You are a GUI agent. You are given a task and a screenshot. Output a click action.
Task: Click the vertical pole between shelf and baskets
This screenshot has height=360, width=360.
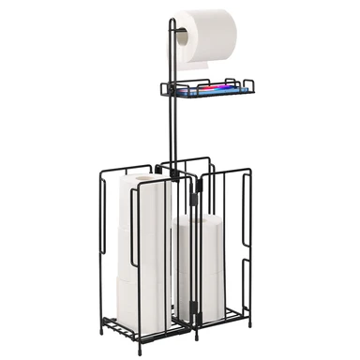[x=172, y=131]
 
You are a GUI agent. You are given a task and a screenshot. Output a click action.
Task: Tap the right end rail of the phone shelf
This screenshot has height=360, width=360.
[x=252, y=86]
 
